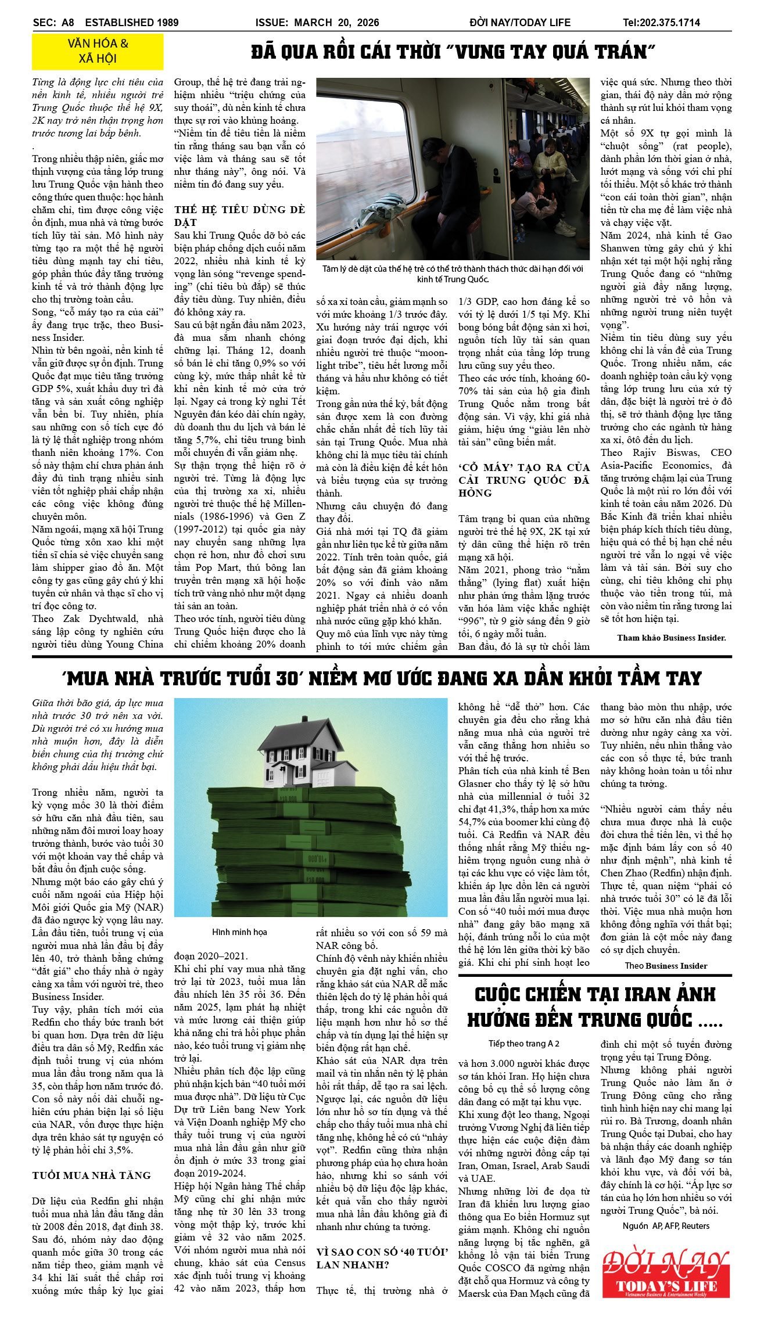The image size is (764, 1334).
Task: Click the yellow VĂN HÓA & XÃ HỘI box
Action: click(98, 51)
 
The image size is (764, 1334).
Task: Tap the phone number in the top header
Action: click(661, 23)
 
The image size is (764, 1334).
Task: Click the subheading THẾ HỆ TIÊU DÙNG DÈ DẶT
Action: click(239, 215)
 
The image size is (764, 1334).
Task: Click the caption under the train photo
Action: click(453, 274)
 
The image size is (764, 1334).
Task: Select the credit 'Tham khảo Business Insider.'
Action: click(671, 638)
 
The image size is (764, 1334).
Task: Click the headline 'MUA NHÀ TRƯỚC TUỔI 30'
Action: click(382, 678)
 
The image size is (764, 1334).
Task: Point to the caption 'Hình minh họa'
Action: click(239, 932)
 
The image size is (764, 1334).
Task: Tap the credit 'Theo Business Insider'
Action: click(666, 966)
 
